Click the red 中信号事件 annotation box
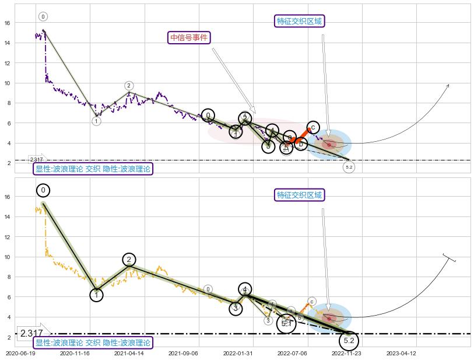click(189, 37)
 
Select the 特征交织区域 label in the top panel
click(299, 21)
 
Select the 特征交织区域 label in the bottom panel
click(299, 195)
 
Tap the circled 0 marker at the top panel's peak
click(43, 17)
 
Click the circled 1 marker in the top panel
click(96, 121)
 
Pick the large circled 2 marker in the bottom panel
click(129, 260)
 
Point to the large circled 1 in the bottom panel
click(96, 295)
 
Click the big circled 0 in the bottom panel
click(43, 190)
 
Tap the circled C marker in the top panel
click(313, 127)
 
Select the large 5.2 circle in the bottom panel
click(349, 340)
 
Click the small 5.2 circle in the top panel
click(349, 167)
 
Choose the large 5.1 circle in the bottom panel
click(286, 323)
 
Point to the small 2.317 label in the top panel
click(36, 159)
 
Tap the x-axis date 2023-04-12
click(401, 353)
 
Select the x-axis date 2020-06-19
click(20, 353)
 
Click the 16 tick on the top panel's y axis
click(8, 23)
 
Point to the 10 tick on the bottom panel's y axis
click(8, 257)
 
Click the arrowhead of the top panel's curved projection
click(448, 85)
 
